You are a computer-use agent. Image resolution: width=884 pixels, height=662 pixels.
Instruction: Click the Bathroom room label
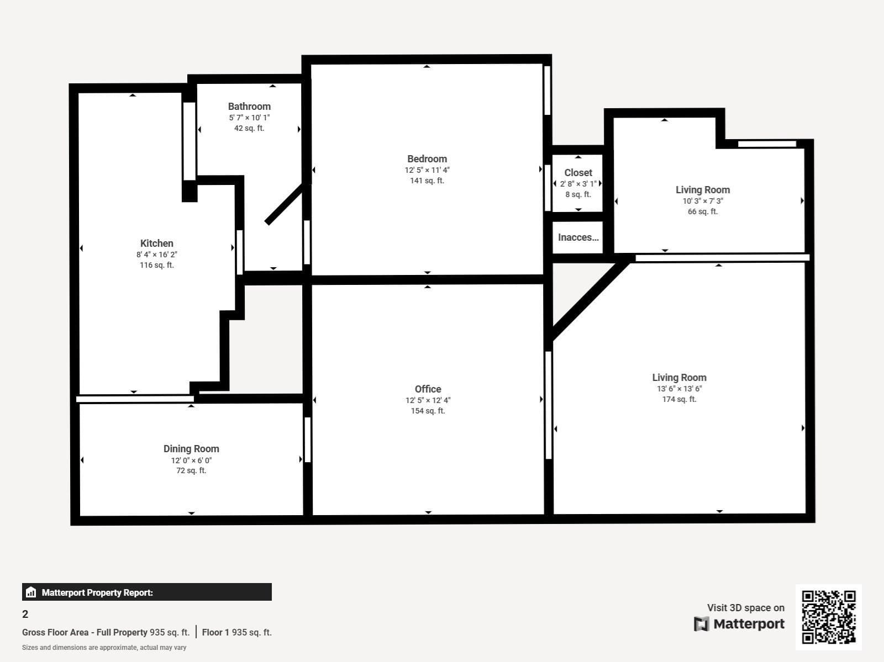(x=249, y=107)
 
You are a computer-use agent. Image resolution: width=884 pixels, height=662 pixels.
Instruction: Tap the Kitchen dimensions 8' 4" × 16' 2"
(x=157, y=255)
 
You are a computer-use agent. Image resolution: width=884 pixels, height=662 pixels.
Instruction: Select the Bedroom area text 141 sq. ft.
(x=427, y=181)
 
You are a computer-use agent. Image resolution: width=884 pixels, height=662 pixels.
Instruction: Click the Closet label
(x=578, y=173)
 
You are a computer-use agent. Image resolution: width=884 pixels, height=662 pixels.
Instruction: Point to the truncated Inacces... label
(x=578, y=237)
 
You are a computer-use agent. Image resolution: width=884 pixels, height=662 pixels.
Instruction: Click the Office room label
(x=428, y=389)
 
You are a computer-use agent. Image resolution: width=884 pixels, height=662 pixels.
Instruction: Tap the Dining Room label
(x=191, y=449)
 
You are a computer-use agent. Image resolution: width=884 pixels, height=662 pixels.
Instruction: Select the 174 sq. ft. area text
(x=679, y=399)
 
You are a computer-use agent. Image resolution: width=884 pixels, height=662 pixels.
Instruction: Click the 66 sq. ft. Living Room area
(x=702, y=211)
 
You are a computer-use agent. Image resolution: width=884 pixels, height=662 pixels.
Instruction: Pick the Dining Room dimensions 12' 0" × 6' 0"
(x=191, y=460)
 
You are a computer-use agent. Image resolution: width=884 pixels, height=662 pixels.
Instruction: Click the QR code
(x=828, y=617)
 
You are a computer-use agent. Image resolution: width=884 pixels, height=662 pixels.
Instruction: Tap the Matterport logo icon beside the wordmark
(x=701, y=624)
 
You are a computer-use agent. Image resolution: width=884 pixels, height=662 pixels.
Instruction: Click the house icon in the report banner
(x=31, y=592)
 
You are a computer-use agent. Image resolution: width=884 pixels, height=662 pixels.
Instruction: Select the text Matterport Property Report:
(x=97, y=592)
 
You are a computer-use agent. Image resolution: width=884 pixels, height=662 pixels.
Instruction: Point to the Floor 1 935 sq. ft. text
(x=237, y=632)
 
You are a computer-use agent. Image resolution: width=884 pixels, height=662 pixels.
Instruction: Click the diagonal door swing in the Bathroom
(x=285, y=203)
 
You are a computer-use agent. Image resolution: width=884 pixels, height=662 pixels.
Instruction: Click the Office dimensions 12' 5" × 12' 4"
(x=428, y=400)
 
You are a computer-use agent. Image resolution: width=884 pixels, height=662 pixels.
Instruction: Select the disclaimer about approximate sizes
(x=104, y=648)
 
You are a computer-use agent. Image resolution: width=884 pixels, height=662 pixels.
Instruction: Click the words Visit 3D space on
(x=745, y=608)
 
